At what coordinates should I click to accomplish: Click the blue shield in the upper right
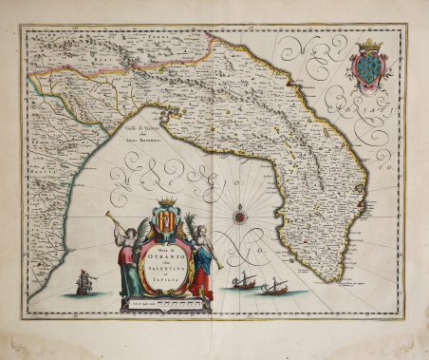point(367,68)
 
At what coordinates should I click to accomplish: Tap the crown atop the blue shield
point(368,46)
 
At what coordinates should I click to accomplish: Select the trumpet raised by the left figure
point(117,224)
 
